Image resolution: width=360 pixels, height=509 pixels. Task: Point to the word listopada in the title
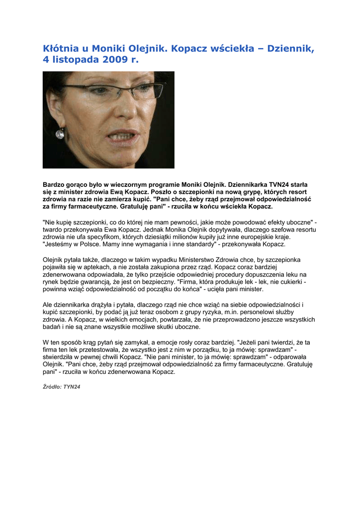pyautogui.click(x=75, y=60)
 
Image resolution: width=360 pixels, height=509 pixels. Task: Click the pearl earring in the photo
pyautogui.click(x=60, y=133)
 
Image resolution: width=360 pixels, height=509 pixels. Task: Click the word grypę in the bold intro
pyautogui.click(x=232, y=192)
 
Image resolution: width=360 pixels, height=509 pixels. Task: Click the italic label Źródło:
pyautogui.click(x=52, y=387)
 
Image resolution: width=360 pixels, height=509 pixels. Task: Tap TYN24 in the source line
pyautogui.click(x=72, y=387)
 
